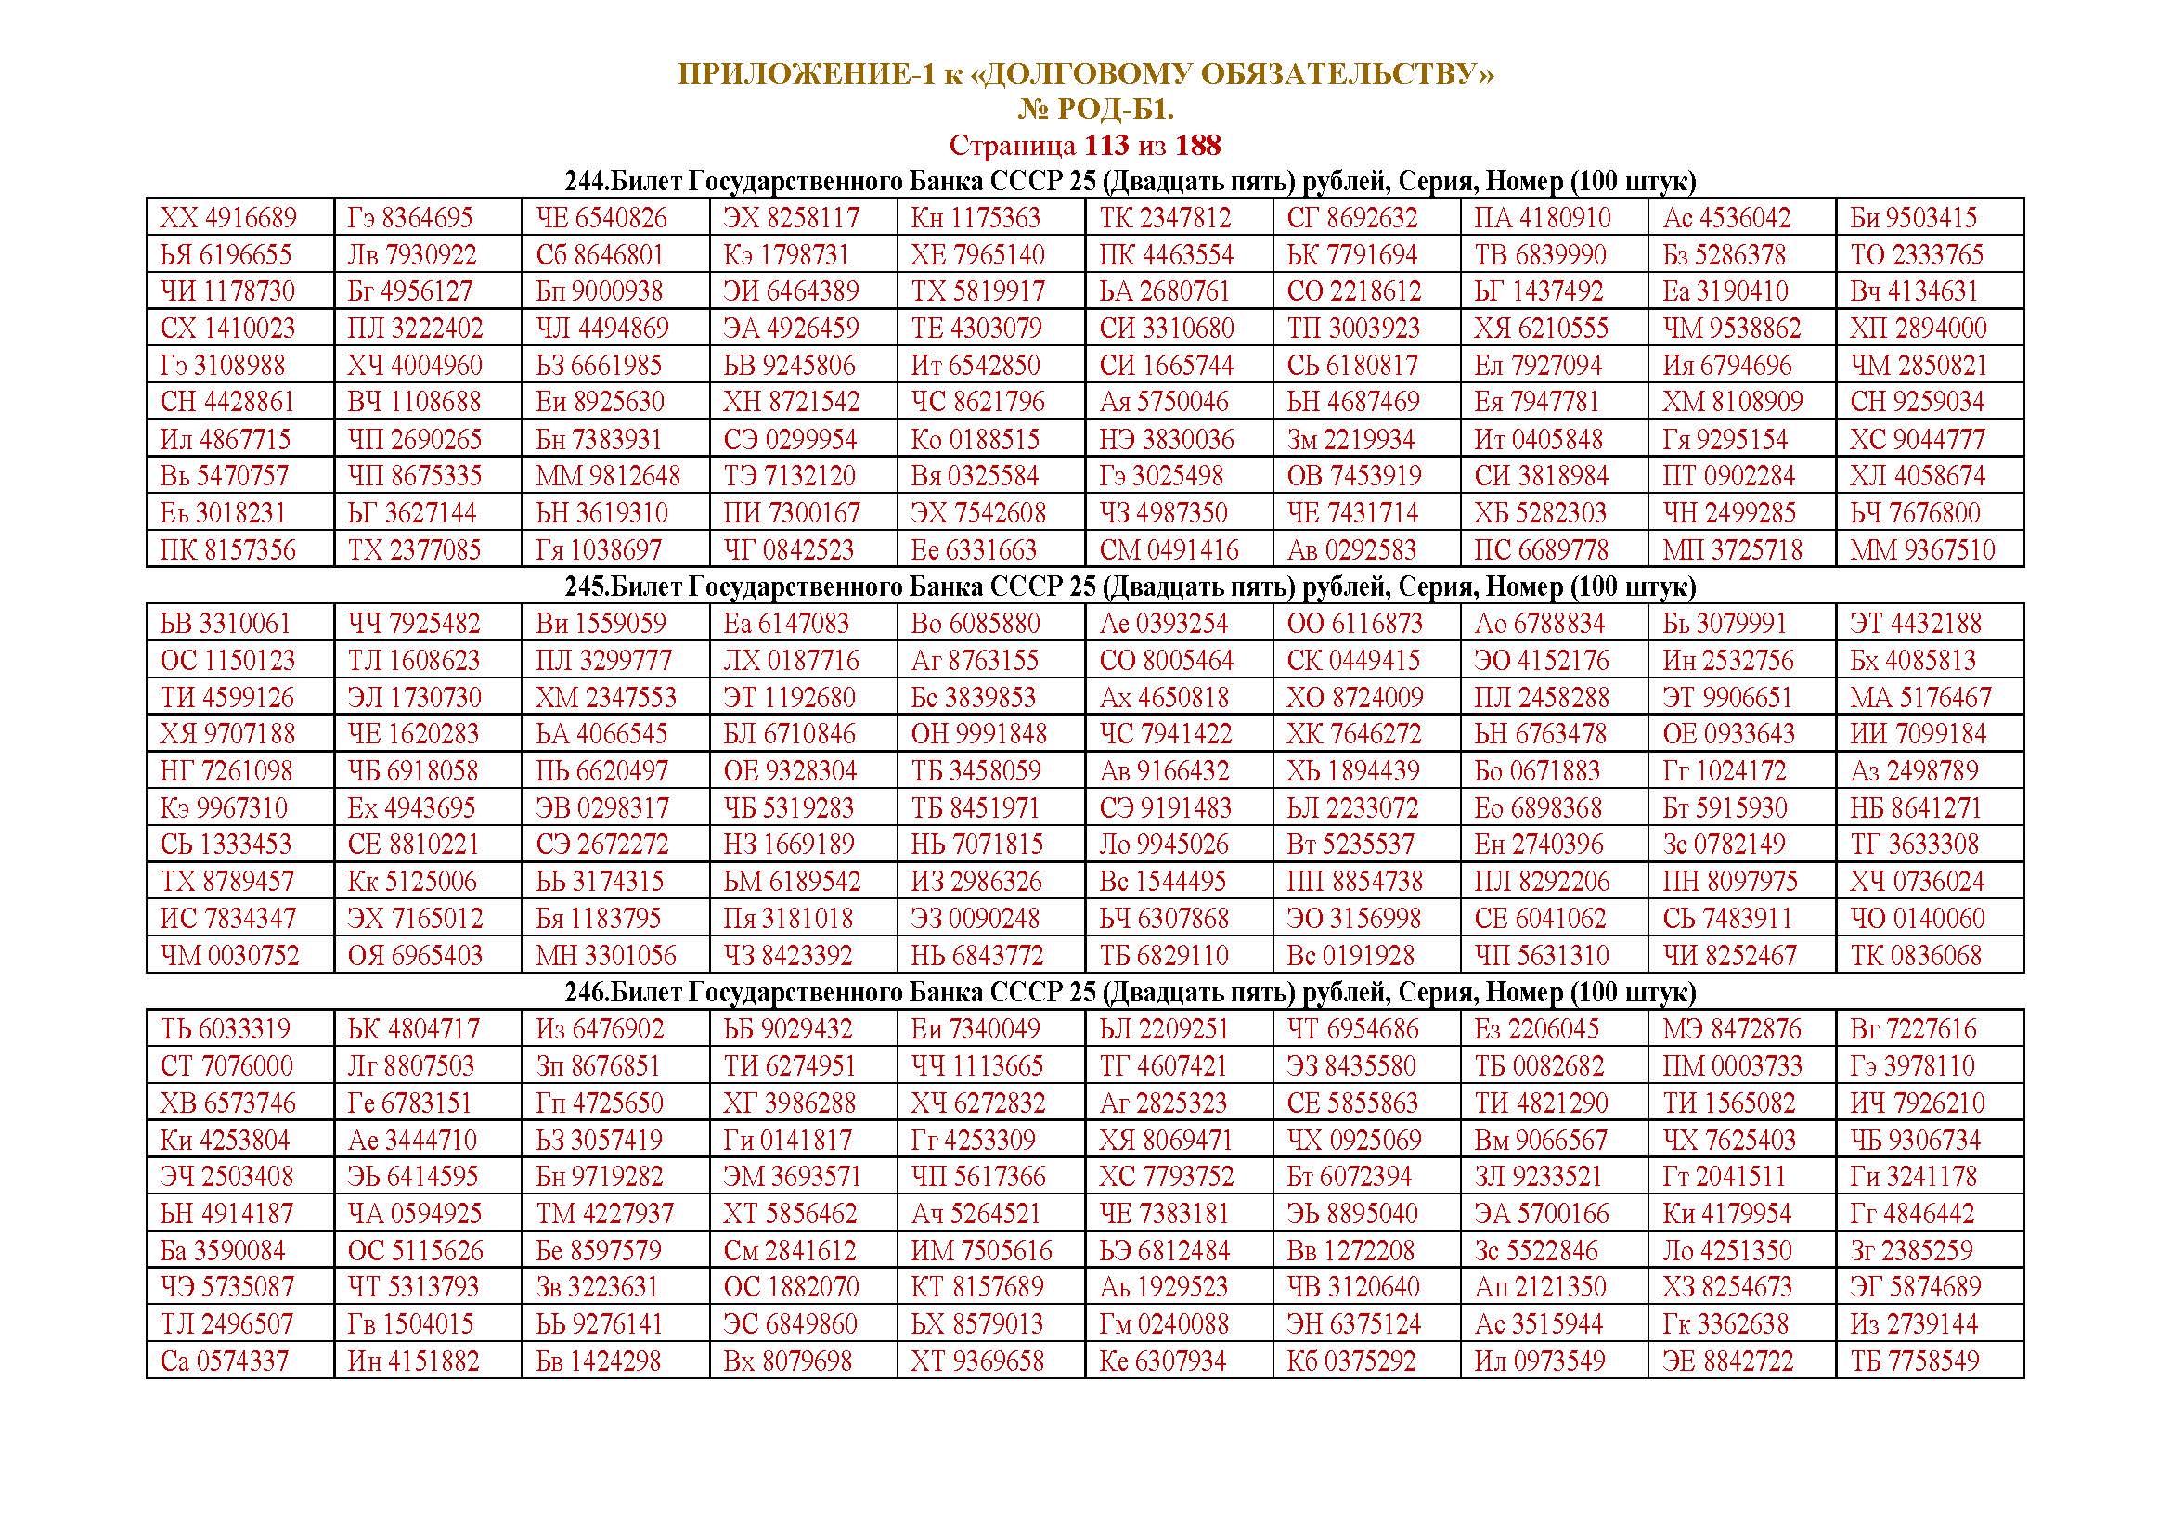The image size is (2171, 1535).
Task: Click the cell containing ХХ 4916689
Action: tap(228, 218)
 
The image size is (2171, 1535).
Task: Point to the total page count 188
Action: tap(1198, 146)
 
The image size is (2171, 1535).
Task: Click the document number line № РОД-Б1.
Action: tap(1095, 110)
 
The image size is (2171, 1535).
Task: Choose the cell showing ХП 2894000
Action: tap(1919, 329)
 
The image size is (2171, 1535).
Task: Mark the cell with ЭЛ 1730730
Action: tap(414, 698)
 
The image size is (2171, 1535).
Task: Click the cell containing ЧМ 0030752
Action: tap(230, 956)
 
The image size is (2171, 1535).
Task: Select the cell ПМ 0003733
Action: tap(1732, 1066)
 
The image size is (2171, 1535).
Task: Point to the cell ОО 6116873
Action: tap(1354, 624)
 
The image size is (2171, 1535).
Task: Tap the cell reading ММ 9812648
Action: tap(608, 476)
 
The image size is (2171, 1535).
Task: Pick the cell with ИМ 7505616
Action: tap(981, 1250)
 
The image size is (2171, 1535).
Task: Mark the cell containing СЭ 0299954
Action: tap(791, 440)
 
